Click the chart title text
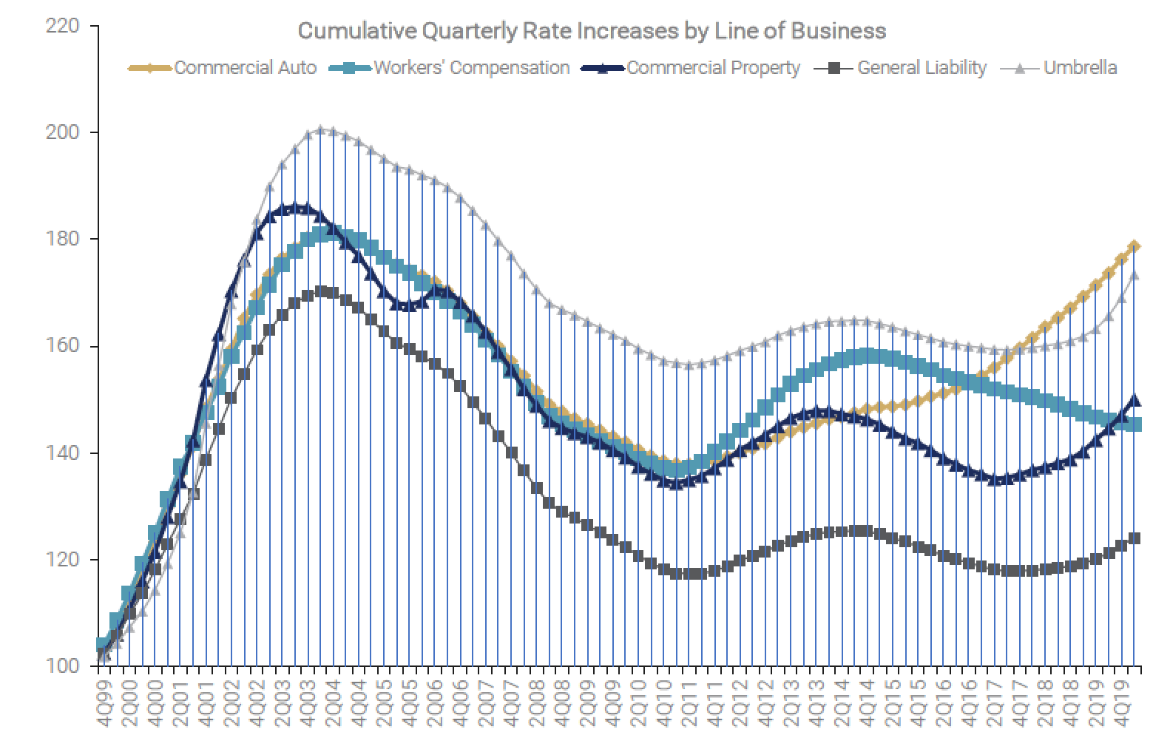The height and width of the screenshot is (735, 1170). [591, 31]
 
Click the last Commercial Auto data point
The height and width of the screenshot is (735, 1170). [1135, 246]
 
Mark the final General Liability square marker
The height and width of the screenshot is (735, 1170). [1135, 538]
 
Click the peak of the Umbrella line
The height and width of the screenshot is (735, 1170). [320, 129]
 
